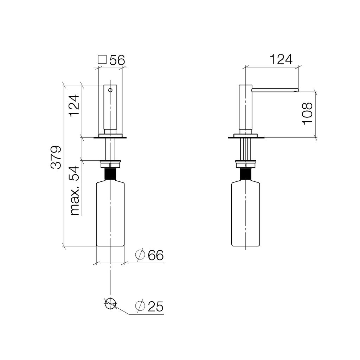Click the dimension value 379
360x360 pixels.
pos(56,157)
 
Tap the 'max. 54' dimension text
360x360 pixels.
pos(75,191)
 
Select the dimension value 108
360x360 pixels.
pos(308,114)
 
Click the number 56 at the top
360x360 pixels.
pos(117,60)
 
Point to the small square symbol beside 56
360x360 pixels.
pos(102,59)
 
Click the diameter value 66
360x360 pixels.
pos(156,255)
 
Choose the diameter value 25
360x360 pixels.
pos(156,307)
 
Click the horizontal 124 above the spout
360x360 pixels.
pos(281,59)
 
